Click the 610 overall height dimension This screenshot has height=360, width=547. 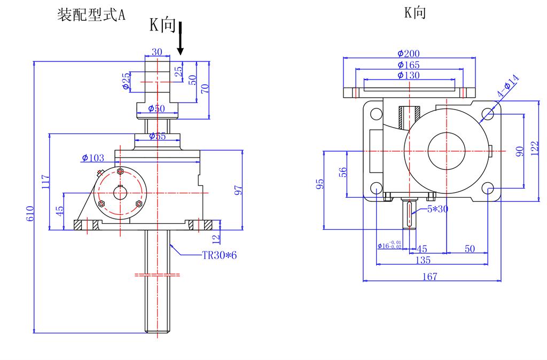[x=30, y=213]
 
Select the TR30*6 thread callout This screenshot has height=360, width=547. [x=219, y=255]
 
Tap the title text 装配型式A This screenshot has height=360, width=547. [x=91, y=14]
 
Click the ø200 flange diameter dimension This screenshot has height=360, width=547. [x=409, y=53]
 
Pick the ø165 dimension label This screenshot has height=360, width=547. [x=409, y=65]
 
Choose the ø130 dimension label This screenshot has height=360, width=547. [x=409, y=75]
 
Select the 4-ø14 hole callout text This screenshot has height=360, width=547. [x=508, y=87]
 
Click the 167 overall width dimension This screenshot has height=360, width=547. [x=429, y=276]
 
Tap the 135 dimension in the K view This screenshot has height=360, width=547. [x=423, y=260]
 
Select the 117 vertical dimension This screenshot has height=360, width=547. [x=45, y=182]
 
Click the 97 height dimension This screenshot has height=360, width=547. [x=239, y=190]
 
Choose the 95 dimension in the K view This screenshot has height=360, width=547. [x=320, y=184]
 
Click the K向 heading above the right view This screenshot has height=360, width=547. [x=415, y=13]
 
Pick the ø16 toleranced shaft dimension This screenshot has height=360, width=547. [x=389, y=246]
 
